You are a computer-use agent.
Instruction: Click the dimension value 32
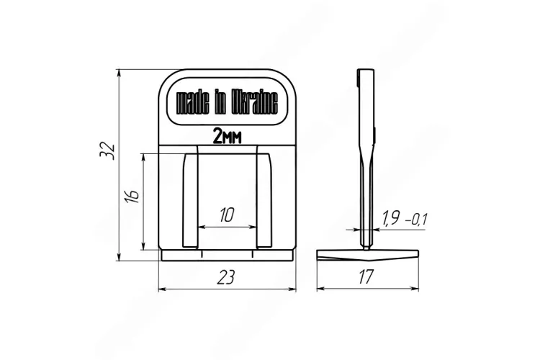point(107,150)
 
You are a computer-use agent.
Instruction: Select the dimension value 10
point(227,215)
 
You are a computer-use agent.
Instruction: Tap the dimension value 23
point(226,277)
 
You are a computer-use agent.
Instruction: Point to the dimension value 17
point(366,276)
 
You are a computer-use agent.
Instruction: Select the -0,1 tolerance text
point(416,219)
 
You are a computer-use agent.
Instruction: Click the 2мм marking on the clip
point(228,136)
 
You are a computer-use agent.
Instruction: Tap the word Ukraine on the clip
point(254,103)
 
